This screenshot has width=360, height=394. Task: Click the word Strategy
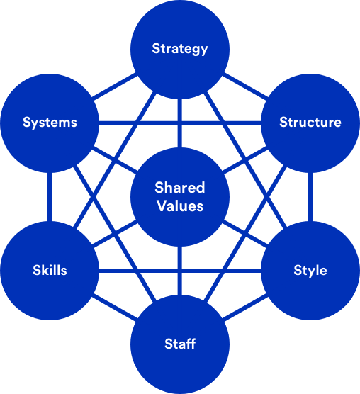pos(180,49)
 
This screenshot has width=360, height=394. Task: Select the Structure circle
pos(310,123)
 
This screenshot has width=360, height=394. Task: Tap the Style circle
pos(310,271)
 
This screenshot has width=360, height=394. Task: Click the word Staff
pos(180,344)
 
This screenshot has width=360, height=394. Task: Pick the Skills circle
pos(50,271)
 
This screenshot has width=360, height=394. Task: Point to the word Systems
pos(50,123)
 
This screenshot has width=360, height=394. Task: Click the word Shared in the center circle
pos(180,188)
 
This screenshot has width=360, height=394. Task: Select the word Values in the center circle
pos(180,206)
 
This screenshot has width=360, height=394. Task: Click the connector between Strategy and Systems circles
pos(115,86)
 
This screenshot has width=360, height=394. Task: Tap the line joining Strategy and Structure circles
pos(245,86)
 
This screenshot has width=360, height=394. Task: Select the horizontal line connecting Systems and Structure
pos(180,123)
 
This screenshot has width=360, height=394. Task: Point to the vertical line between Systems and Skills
pos(50,197)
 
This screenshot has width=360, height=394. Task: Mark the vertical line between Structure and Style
pos(310,197)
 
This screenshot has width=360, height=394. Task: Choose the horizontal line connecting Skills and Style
pos(180,271)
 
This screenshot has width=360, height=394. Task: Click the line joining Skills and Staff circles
pos(115,308)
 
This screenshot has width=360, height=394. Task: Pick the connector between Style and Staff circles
pos(245,308)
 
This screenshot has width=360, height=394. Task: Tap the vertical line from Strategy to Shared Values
pos(180,123)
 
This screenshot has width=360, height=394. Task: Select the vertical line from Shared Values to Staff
pos(180,271)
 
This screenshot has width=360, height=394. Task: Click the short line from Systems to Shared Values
pos(115,160)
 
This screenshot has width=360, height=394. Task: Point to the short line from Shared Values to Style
pos(245,234)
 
